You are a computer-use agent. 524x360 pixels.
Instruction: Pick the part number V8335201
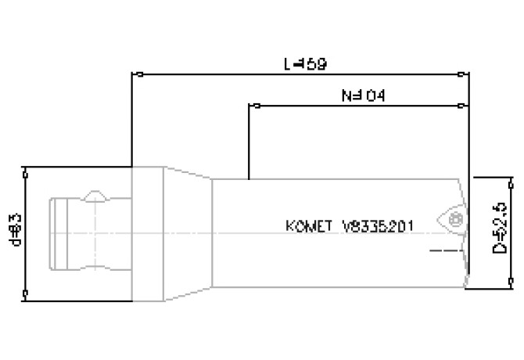379,225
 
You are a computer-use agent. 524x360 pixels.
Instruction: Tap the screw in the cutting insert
458,218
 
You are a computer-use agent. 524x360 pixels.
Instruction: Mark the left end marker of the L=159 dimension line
136,75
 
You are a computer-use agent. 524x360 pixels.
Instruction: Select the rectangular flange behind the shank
147,232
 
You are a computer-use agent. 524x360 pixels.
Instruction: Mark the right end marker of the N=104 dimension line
468,105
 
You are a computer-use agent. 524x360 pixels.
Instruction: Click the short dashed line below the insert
443,252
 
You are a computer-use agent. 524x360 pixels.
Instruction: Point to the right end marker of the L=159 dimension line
468,75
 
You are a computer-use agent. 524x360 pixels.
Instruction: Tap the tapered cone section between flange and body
188,232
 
